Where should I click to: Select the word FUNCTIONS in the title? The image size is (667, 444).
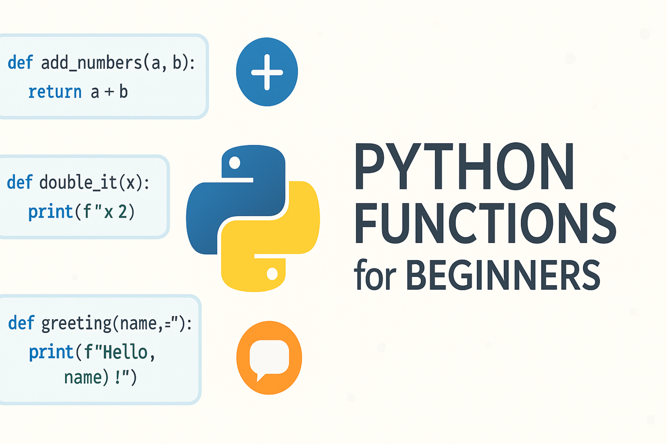485,224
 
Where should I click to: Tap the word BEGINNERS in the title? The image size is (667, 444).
503,276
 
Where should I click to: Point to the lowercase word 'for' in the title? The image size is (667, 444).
375,275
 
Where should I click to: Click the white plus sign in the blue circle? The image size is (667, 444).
267,72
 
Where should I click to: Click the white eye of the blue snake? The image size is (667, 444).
234,163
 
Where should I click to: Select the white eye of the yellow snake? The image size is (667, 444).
272,274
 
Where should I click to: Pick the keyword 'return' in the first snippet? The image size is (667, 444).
55,92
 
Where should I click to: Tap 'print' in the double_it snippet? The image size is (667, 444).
51,212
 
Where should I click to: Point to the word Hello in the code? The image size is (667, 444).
125,352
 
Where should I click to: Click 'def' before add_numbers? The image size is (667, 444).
20,63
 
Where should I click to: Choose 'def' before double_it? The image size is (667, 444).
20,182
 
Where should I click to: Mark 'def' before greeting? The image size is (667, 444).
21,323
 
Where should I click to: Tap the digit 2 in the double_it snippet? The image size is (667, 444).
123,212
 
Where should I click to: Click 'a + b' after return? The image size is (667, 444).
109,92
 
